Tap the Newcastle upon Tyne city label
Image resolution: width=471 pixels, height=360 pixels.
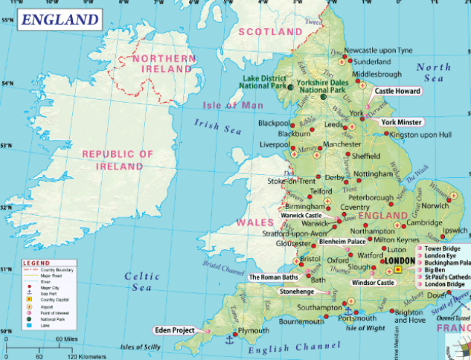(378, 50)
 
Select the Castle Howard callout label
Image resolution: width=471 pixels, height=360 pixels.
(396, 91)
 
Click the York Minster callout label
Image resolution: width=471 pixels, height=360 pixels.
(401, 121)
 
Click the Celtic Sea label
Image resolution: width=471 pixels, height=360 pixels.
(142, 282)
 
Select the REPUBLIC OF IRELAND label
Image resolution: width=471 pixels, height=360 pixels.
(118, 160)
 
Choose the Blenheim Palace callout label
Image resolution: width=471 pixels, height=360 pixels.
(342, 242)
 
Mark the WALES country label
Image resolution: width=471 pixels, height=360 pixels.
(251, 222)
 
